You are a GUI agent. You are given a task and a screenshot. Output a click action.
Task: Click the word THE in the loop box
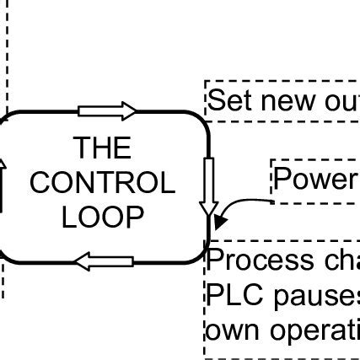102,148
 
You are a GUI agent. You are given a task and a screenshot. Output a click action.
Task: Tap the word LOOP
102,217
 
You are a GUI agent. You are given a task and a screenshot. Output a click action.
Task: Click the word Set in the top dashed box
229,101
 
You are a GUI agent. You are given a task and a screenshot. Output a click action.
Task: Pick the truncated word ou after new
341,101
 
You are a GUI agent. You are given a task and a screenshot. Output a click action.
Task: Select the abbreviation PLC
234,295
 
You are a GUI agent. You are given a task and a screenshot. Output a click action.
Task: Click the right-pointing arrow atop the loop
107,110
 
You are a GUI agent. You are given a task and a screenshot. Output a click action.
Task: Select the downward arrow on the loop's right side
209,185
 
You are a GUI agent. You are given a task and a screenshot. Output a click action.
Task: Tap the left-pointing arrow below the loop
104,261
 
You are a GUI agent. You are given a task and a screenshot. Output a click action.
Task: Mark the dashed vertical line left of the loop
6,51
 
